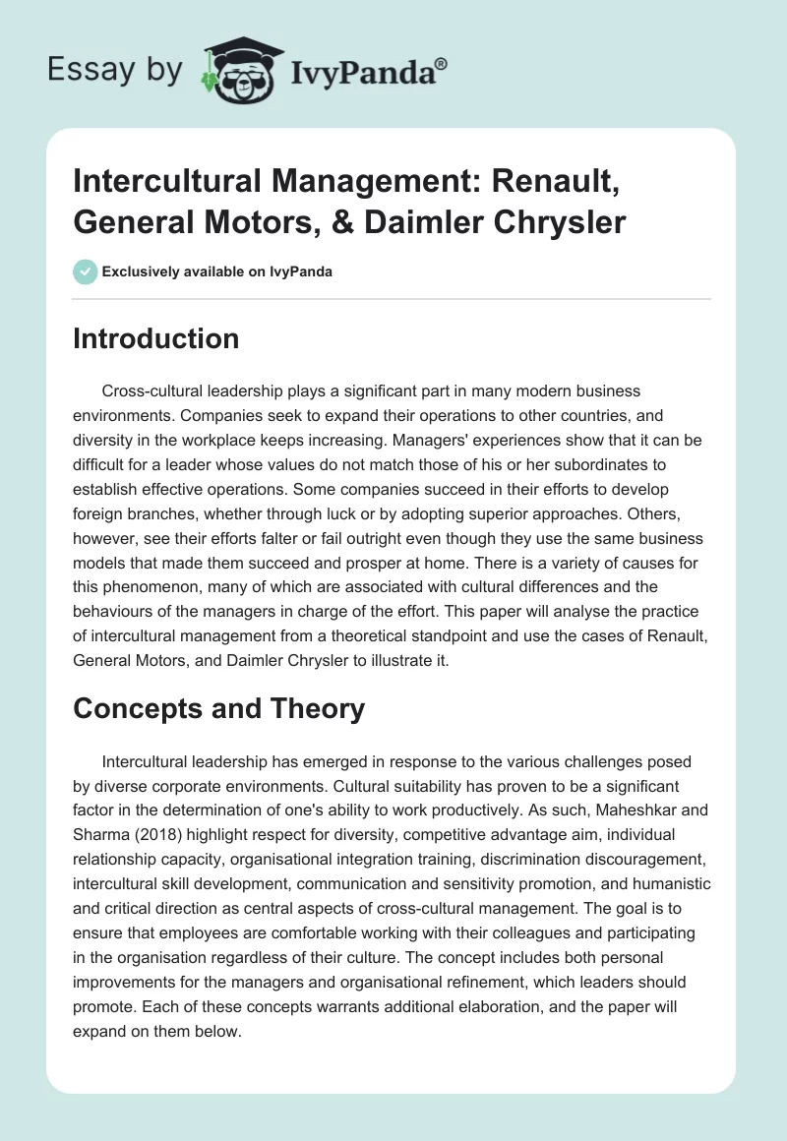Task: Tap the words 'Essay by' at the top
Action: pyautogui.click(x=116, y=70)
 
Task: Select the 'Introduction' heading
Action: pyautogui.click(x=155, y=338)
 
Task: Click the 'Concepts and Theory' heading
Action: pyautogui.click(x=218, y=708)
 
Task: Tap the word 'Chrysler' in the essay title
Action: pyautogui.click(x=559, y=222)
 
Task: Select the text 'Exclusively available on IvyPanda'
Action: pyautogui.click(x=217, y=271)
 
